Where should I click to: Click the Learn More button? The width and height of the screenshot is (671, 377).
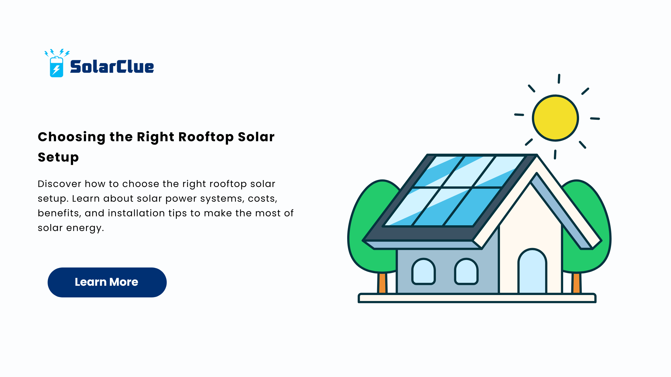coord(107,282)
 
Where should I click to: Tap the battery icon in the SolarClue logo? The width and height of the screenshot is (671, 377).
coord(57,67)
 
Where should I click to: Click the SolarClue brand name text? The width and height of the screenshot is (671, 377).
coord(112,66)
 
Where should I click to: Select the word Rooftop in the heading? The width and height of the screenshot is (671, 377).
coord(206,137)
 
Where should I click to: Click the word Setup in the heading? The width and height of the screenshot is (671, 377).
coord(58,157)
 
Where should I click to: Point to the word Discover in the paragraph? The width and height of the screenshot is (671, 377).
coord(59,184)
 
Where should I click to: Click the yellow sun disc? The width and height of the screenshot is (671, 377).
coord(555,118)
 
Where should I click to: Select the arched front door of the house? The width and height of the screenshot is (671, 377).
coord(532,271)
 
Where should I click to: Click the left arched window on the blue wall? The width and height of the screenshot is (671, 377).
coord(423,271)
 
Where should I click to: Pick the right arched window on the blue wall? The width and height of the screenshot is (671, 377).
coord(466,271)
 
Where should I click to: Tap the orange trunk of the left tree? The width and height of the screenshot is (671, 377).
coord(382,283)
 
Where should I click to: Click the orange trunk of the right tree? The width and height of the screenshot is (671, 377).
coord(576,283)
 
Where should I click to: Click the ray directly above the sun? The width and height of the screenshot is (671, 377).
coord(559,79)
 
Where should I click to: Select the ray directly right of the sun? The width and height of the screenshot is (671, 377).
coord(595,119)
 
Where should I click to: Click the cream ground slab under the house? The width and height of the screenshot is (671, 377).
coord(477,298)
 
